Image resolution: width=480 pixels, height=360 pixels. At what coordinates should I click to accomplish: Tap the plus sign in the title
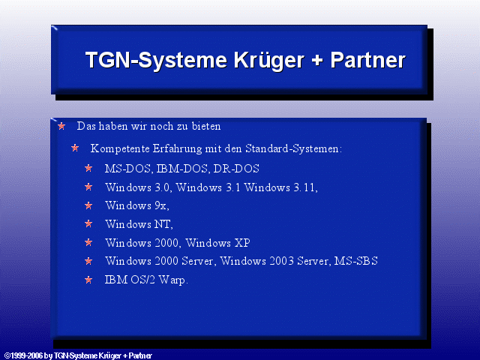(317, 60)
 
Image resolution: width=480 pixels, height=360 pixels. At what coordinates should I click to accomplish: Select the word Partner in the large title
(367, 60)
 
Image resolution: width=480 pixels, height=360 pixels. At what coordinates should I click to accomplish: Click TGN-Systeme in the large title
(156, 61)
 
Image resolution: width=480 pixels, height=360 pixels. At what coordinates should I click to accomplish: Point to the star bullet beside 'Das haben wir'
(61, 126)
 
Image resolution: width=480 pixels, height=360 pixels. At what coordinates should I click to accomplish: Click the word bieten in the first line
(206, 126)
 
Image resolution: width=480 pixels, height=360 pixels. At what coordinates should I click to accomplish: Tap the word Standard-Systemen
(293, 148)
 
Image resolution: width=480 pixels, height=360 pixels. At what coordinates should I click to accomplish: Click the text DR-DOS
(236, 169)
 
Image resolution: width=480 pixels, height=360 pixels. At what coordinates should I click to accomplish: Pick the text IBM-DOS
(181, 169)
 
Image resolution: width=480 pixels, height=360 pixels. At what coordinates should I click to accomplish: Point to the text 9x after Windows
(160, 205)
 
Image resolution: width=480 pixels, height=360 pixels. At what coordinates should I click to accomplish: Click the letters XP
(242, 243)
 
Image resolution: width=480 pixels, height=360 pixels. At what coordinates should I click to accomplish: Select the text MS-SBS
(356, 261)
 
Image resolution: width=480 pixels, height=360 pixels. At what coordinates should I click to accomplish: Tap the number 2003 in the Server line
(282, 261)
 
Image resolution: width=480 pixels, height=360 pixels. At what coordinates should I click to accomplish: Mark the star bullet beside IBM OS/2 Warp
(88, 280)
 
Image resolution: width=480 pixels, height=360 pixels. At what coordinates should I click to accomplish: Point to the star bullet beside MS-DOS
(88, 168)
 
